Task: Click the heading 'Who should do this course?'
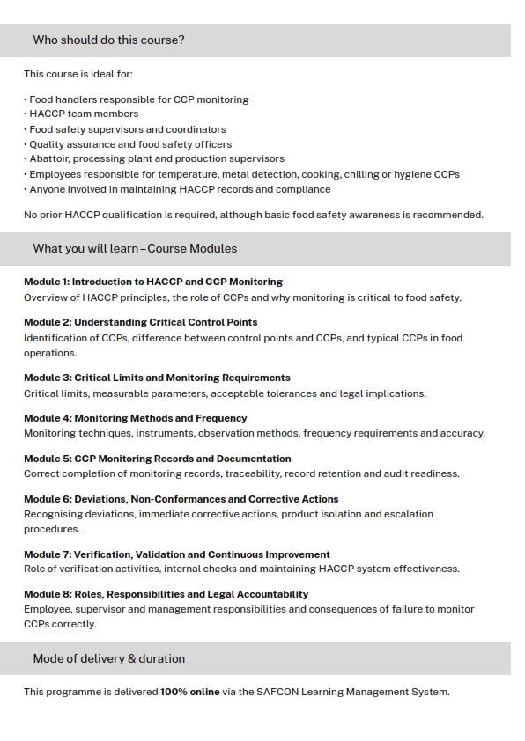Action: [108, 40]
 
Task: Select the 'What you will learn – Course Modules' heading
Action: [135, 249]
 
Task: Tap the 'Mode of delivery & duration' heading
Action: [108, 659]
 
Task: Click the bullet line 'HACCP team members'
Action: [84, 114]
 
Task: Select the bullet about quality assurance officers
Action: [130, 143]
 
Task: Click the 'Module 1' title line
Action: [153, 282]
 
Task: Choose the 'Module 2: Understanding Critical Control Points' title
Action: [141, 322]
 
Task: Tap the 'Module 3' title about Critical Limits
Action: [157, 378]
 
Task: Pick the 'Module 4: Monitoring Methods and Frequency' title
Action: [136, 418]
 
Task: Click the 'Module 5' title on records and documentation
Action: [157, 459]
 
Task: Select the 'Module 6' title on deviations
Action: [181, 499]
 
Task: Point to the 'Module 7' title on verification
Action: [177, 554]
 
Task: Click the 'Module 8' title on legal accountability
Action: [166, 594]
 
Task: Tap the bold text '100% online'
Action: [190, 692]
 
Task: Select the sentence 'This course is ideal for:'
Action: [78, 74]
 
